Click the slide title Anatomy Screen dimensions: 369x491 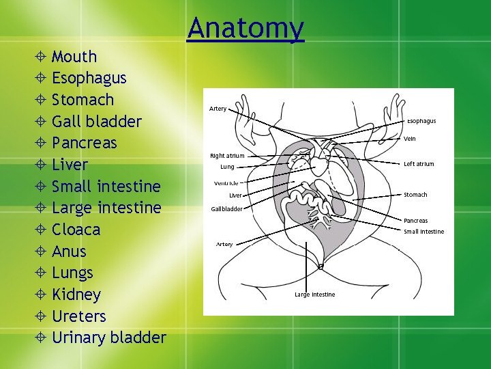[x=245, y=28]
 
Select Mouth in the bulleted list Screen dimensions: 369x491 [x=74, y=57]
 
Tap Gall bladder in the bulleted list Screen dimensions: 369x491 [x=96, y=122]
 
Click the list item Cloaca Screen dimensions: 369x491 [x=76, y=230]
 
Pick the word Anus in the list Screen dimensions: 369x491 [x=69, y=251]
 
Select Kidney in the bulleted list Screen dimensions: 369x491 [x=76, y=295]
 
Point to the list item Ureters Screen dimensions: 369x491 [x=78, y=316]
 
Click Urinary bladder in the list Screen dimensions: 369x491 [x=108, y=338]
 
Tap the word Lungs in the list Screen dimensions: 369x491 [x=72, y=273]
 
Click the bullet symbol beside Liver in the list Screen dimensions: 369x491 [x=42, y=165]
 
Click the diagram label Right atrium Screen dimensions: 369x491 [x=227, y=156]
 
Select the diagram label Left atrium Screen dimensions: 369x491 [x=419, y=164]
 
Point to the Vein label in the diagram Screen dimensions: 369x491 [x=410, y=139]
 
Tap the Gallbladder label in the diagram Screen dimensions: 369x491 [x=226, y=209]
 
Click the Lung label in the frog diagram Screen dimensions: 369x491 [x=227, y=167]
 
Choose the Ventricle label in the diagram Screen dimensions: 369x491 [x=226, y=183]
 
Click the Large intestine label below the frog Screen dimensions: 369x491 [x=314, y=295]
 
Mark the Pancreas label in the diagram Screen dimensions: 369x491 [x=415, y=221]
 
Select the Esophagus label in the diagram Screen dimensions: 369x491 [x=421, y=121]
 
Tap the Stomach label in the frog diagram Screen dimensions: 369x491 [x=415, y=195]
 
